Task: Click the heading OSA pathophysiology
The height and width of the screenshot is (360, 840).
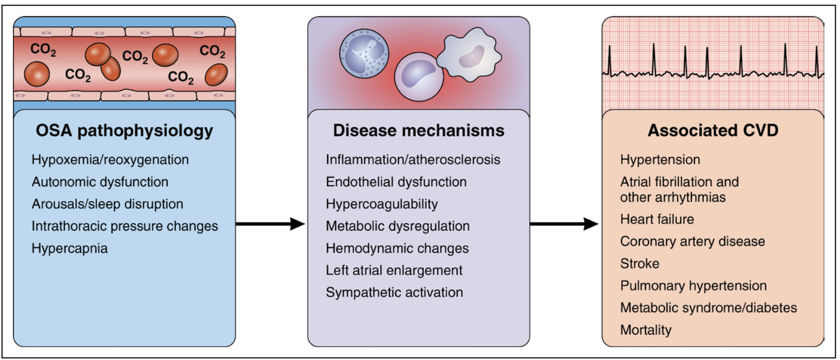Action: [124, 130]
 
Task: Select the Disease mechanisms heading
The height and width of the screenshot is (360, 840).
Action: [418, 130]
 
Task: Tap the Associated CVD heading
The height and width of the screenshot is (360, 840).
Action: [713, 130]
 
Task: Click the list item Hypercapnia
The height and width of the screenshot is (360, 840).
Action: [70, 249]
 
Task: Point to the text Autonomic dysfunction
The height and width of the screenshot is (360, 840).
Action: [100, 182]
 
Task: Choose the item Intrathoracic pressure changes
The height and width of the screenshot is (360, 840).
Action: [125, 226]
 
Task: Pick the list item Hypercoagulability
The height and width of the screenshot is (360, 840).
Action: [382, 204]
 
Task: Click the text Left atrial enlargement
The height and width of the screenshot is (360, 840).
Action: [394, 270]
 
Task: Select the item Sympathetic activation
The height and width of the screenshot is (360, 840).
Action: [394, 292]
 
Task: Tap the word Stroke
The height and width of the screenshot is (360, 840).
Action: [640, 264]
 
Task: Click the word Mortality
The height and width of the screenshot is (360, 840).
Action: [646, 330]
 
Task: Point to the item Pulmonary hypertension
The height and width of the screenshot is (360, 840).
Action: [693, 286]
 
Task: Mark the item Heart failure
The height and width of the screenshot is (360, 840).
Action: [657, 219]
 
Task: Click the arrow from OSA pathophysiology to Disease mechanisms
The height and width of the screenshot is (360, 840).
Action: [270, 224]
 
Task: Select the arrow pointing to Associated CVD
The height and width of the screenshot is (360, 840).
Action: [564, 224]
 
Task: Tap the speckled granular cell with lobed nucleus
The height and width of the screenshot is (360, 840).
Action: [364, 54]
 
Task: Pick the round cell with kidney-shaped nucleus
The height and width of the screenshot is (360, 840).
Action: [418, 76]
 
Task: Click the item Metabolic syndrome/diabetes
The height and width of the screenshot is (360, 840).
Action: [708, 308]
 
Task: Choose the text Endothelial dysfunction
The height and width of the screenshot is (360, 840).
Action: [396, 182]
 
